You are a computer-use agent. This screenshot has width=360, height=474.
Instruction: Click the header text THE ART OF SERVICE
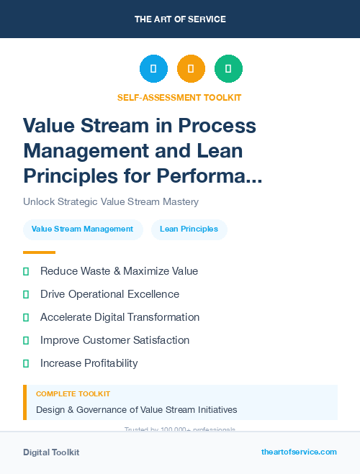click(x=180, y=19)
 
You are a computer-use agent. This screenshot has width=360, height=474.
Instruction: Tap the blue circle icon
click(x=153, y=69)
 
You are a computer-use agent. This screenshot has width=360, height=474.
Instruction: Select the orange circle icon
click(x=191, y=69)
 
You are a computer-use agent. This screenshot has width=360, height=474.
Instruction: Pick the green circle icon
click(x=228, y=69)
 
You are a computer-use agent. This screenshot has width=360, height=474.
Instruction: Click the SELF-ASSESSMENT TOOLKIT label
click(x=179, y=97)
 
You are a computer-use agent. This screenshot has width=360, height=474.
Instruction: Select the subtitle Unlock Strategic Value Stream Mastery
click(x=110, y=202)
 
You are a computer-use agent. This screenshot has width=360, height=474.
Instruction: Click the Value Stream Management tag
click(x=83, y=229)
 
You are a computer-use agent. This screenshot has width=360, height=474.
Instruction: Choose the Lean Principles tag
click(x=189, y=229)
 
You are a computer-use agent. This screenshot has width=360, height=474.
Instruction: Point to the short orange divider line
click(x=39, y=252)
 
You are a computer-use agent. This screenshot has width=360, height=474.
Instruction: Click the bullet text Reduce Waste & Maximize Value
click(x=119, y=271)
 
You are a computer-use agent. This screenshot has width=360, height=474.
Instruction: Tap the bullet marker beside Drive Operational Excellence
click(x=26, y=294)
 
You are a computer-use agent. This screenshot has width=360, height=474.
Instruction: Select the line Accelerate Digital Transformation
click(x=120, y=317)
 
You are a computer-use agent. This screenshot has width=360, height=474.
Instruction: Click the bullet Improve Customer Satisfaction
click(x=114, y=340)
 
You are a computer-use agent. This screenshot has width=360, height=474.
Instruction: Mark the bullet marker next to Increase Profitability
click(x=26, y=363)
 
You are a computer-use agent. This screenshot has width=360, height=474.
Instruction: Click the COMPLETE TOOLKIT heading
click(x=73, y=394)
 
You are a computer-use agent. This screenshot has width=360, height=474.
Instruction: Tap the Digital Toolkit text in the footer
click(x=51, y=452)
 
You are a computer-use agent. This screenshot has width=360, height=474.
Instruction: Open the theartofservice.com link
click(x=299, y=452)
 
